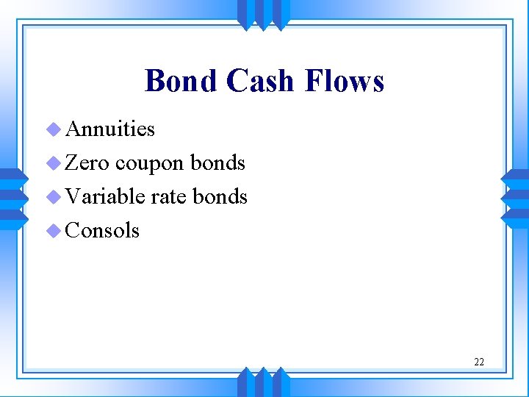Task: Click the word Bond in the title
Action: (181, 81)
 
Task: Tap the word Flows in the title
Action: (346, 81)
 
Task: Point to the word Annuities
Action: (110, 129)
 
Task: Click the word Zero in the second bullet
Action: (87, 162)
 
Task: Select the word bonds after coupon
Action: (217, 162)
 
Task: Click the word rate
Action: (169, 197)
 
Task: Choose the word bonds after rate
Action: (220, 196)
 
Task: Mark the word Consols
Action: (102, 230)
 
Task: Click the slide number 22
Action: (479, 362)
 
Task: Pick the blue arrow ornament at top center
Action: (264, 14)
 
